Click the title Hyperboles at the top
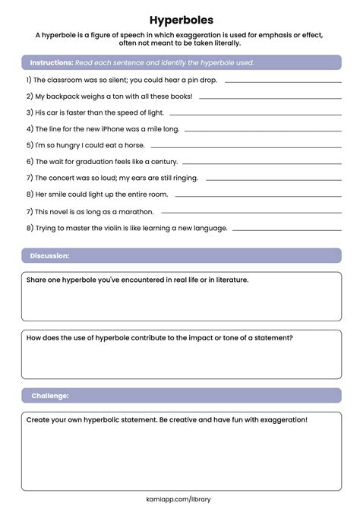[x=180, y=19]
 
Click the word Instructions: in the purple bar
[x=52, y=62]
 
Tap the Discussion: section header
[x=50, y=256]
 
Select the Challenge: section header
[x=50, y=396]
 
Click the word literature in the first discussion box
[x=227, y=280]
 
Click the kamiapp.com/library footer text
[x=180, y=499]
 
